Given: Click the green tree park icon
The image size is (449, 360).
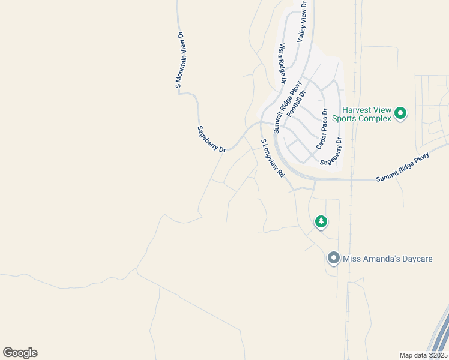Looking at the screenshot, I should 321,222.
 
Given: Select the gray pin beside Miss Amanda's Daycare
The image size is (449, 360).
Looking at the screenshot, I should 334,259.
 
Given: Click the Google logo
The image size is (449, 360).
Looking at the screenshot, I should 20,353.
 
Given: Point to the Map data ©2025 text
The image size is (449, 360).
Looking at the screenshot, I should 424,355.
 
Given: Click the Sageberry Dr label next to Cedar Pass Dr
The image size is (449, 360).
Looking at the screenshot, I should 331,152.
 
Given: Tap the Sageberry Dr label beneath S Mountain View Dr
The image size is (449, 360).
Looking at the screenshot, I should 211,139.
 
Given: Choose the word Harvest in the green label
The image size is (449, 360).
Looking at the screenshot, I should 358,110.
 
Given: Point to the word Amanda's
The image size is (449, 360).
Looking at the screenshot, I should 378,259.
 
